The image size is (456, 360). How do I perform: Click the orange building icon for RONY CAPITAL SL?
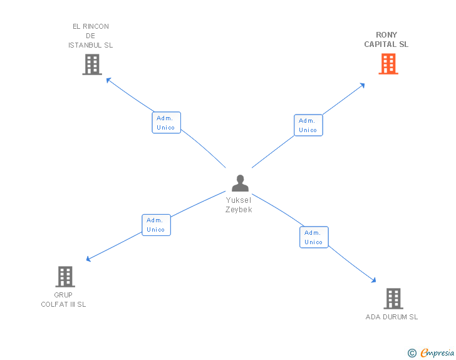388,64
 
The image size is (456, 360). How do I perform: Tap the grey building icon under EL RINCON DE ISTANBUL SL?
92,64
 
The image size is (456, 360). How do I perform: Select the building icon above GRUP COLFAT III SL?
65,276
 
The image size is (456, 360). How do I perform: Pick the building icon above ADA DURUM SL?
393,299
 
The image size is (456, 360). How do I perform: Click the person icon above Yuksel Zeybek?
240,183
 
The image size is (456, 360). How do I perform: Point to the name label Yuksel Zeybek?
239,205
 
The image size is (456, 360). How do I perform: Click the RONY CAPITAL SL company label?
386,39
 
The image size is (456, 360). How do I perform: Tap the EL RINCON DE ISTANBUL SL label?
91,36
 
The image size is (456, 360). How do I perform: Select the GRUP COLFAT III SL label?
63,299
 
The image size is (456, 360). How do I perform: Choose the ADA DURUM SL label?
391,317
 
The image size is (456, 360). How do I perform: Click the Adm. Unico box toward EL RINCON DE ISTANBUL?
166,123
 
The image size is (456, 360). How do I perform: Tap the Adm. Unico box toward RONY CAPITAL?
308,125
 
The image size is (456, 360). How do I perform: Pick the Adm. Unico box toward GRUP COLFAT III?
156,225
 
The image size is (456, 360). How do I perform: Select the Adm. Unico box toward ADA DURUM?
314,237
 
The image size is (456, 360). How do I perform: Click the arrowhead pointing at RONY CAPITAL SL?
362,85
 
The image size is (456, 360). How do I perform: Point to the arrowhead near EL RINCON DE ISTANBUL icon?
108,80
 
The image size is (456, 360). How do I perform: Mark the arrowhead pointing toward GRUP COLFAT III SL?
89,259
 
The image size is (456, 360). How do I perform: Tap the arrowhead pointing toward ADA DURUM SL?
374,280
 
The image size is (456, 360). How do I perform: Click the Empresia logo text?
437,353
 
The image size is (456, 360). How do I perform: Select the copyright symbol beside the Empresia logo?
412,353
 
